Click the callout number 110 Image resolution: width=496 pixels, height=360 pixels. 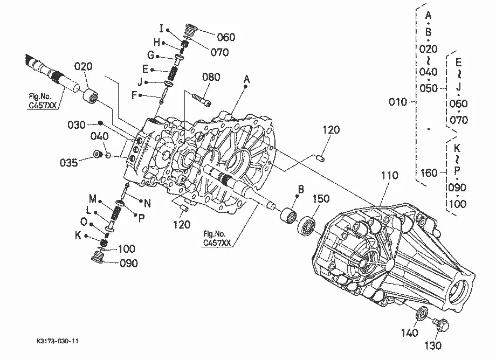coord(389,176)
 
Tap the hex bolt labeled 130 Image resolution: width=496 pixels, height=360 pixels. coord(440,325)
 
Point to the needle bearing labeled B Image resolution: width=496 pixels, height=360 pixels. coord(288,215)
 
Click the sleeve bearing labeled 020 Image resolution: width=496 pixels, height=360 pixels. coord(91,95)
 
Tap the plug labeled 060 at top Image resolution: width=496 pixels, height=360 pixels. coord(190,30)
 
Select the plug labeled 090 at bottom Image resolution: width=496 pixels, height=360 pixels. coord(98,257)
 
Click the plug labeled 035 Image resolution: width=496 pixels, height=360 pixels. coord(98,154)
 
